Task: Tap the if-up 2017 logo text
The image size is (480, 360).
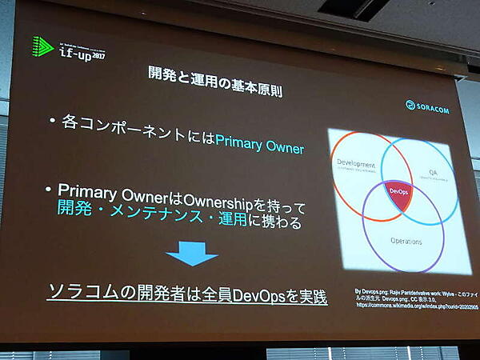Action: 82,50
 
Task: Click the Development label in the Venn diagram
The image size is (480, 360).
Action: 358,163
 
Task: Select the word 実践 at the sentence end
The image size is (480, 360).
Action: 311,297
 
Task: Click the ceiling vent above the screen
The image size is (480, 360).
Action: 353,8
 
